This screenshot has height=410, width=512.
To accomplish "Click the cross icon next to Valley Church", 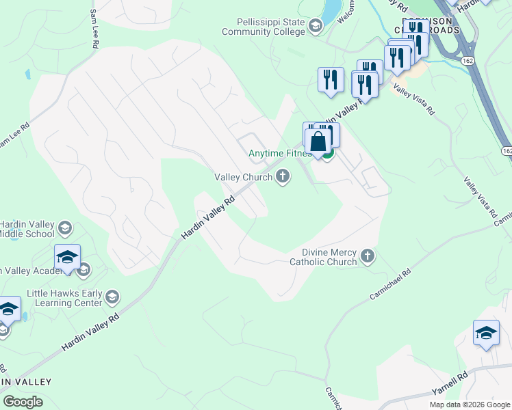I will coord(282,178).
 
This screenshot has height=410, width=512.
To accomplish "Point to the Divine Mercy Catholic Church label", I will coord(324,256).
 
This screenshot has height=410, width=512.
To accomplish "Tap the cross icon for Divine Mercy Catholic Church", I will coord(368,256).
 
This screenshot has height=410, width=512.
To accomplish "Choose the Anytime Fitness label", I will coord(279,154).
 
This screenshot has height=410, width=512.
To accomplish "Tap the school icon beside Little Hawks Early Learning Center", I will coord(113,297).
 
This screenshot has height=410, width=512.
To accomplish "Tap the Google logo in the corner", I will coord(23,402).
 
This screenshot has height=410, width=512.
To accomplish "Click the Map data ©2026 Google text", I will coord(470,405).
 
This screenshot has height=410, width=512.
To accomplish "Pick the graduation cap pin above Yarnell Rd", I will coord(486,333).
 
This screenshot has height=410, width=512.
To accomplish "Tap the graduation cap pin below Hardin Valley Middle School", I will coord(68,257).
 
